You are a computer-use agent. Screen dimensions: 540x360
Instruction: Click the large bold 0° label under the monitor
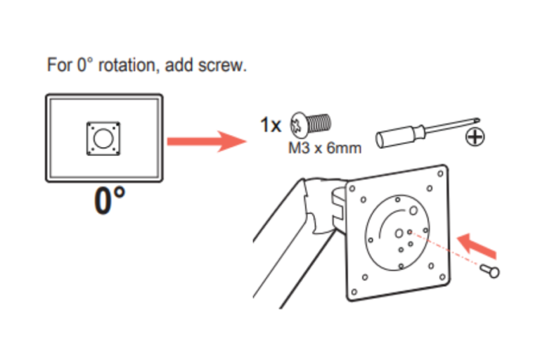[110, 200]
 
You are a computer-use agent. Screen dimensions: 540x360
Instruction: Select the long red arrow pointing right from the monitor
[207, 141]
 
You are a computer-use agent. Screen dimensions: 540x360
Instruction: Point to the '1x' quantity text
[271, 124]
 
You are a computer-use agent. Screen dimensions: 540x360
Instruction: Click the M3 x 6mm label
[325, 148]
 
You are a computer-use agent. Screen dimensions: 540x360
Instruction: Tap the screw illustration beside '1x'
[311, 124]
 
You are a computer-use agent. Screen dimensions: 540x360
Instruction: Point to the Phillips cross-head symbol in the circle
[475, 137]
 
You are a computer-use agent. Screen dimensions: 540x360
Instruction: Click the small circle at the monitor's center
[103, 139]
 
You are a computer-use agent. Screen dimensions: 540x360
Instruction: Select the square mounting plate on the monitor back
[103, 139]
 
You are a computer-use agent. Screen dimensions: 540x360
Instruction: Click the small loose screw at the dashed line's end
[490, 271]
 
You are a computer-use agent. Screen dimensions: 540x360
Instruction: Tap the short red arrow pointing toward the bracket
[477, 245]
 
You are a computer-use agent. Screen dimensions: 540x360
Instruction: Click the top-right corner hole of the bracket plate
[440, 174]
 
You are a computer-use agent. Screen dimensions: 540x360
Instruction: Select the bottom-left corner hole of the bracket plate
[354, 292]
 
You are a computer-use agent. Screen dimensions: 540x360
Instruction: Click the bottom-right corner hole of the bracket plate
[442, 277]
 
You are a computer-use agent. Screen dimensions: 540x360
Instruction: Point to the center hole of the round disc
[399, 234]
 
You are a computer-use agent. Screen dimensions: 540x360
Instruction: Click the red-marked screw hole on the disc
[410, 232]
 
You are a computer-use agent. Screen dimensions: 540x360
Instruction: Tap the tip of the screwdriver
[478, 120]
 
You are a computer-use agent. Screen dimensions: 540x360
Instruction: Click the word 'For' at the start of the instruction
[60, 65]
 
